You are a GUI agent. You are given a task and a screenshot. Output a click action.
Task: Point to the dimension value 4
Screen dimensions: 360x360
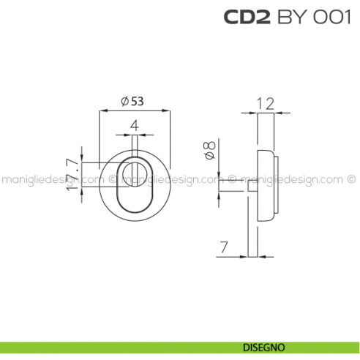point(134,126)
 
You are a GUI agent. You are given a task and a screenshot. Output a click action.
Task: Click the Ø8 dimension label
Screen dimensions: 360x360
point(209,151)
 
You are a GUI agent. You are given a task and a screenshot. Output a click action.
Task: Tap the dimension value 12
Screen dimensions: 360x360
point(266,103)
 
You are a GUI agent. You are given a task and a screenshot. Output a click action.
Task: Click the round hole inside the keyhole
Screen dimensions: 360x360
point(135,174)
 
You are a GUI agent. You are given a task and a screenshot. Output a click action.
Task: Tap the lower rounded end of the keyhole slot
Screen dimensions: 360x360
point(135,205)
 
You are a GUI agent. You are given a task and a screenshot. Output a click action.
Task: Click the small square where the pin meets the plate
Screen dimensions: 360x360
point(252,188)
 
